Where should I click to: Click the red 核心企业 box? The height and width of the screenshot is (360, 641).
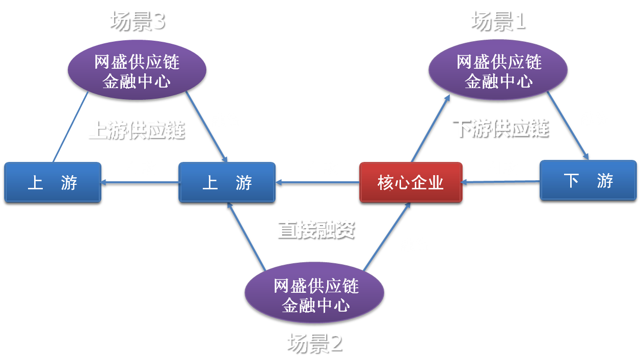coord(411,182)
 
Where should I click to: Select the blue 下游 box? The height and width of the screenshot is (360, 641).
coord(588,180)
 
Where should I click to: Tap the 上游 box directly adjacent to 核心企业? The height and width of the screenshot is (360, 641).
coord(227,182)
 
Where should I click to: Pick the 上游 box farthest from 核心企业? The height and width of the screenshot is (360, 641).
coord(52,182)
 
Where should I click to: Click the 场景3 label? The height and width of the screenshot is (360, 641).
coord(138,21)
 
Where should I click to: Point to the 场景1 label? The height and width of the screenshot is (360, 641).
coord(498,21)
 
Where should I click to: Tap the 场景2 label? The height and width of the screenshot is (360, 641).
coord(315,343)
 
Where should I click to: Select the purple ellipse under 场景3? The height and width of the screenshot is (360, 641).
coord(137,70)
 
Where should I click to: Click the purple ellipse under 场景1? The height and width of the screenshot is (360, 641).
coord(498,70)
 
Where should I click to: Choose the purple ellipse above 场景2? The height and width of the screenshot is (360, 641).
coord(314,292)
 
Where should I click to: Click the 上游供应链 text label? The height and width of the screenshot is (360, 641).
coord(137,130)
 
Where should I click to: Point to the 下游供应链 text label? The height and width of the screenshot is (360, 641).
coord(501,129)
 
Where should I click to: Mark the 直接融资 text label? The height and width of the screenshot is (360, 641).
coord(316,230)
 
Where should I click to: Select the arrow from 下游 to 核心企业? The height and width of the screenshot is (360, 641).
coord(500,182)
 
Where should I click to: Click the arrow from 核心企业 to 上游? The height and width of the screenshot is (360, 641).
coord(317,182)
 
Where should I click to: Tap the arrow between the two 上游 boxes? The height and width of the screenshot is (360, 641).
coord(140,182)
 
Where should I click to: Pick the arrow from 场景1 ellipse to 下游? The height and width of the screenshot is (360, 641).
coord(568,126)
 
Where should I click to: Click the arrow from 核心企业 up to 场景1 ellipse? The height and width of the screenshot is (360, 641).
coord(431,128)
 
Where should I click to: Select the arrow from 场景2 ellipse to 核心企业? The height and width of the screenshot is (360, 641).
coord(387,236)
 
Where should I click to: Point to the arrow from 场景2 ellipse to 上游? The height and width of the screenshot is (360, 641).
coord(247,236)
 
